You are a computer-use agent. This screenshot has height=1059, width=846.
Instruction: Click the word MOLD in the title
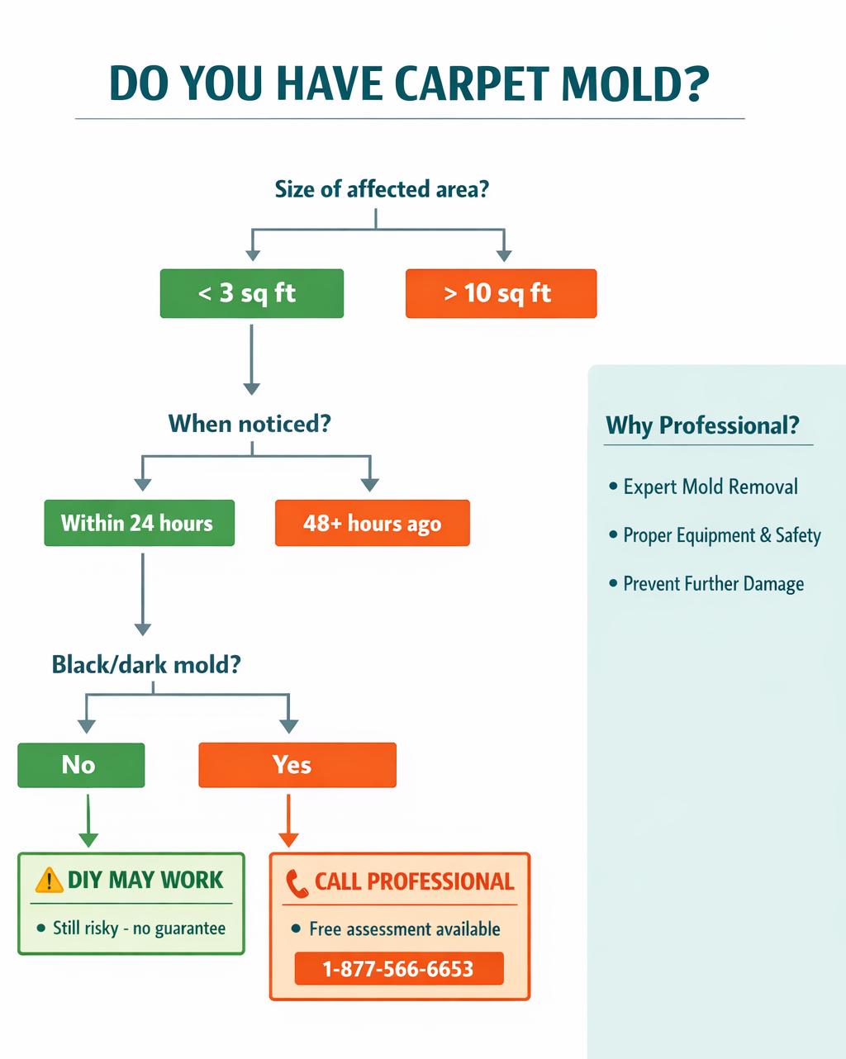click(629, 83)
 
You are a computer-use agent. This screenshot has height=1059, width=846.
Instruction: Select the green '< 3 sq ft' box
click(251, 293)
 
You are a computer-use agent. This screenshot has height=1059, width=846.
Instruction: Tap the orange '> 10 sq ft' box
click(501, 293)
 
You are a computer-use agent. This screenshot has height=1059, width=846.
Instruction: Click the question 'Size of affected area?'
click(382, 189)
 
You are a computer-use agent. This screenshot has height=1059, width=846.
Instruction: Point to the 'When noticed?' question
click(250, 424)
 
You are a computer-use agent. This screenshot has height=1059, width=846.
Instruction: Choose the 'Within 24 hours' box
click(139, 523)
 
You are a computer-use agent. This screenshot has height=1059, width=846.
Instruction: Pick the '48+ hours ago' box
click(372, 523)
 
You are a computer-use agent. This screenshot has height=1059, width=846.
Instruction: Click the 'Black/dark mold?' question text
click(146, 664)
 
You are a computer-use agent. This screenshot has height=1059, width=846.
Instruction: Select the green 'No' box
click(81, 765)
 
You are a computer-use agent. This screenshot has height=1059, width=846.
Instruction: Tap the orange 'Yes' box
click(297, 765)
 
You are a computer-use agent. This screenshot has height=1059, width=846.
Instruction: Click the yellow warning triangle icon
click(50, 880)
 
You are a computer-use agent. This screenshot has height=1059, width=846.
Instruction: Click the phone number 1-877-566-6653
click(398, 968)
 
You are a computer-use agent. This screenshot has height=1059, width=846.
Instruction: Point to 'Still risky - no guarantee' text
click(139, 928)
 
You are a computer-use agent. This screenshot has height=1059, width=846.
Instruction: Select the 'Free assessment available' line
click(404, 929)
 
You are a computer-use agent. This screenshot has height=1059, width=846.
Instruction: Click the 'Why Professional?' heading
click(702, 425)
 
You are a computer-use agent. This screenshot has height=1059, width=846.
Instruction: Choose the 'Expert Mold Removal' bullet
click(710, 487)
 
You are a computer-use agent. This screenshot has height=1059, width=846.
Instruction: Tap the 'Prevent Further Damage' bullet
click(712, 584)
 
